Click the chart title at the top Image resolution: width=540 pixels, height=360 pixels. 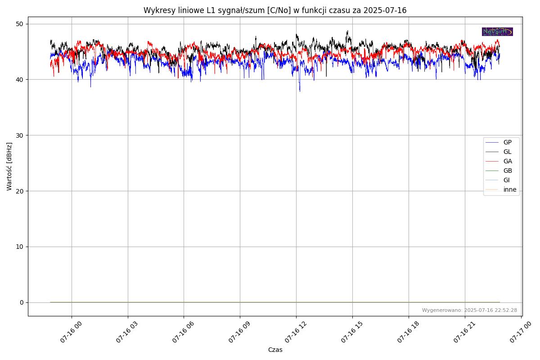pyautogui.click(x=275, y=10)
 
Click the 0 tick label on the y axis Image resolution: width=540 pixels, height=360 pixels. pyautogui.click(x=22, y=302)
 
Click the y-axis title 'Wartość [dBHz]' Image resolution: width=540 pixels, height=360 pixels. pyautogui.click(x=9, y=166)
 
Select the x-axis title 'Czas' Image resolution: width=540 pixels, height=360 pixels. pyautogui.click(x=275, y=350)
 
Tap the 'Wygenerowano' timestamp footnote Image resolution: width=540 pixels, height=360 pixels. pyautogui.click(x=469, y=310)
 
